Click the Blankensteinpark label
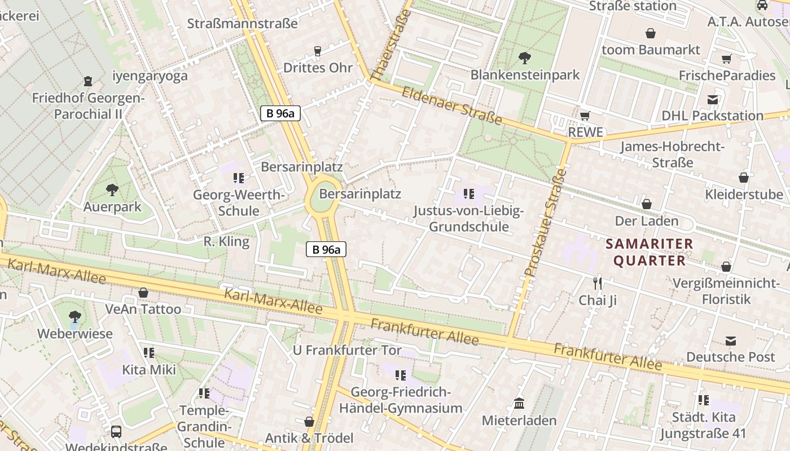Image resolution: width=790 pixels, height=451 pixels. tap(525, 75)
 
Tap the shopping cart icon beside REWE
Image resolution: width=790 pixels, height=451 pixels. tap(585, 116)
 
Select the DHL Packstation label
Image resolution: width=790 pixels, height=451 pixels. tap(712, 116)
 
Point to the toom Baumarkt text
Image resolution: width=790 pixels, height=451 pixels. tap(651, 50)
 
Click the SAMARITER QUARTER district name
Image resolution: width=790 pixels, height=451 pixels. tap(649, 252)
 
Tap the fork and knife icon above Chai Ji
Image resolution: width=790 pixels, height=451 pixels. tap(598, 283)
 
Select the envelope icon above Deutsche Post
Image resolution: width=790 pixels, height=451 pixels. tap(731, 341)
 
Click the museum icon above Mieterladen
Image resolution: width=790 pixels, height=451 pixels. tap(519, 404)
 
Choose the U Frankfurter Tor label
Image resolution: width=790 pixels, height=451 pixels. tap(347, 350)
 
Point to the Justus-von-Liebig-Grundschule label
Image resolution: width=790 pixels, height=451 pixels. tap(468, 219)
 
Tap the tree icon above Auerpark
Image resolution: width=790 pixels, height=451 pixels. tap(112, 189)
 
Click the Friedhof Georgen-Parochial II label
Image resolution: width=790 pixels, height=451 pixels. tap(88, 106)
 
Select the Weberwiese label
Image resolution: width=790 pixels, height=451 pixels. tap(74, 333)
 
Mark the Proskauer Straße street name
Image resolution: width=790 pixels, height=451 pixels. tap(545, 222)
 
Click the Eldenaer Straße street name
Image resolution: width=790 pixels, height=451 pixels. tap(451, 105)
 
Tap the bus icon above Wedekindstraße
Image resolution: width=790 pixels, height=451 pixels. tap(116, 432)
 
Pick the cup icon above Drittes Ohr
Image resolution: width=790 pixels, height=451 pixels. tap(317, 51)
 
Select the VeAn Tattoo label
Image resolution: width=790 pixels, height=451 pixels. tap(143, 309)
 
